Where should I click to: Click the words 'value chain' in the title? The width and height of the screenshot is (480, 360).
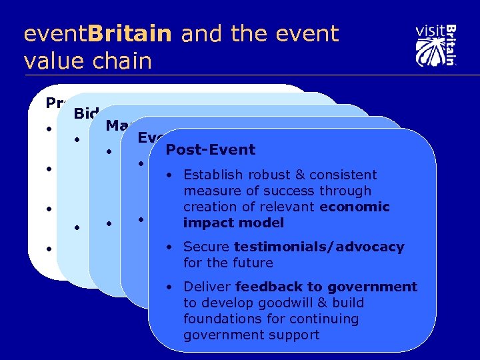click(87, 61)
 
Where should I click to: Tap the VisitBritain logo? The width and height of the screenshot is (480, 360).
click(435, 45)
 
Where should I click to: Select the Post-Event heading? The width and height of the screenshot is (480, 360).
click(210, 149)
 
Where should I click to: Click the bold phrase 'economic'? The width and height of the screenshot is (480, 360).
click(354, 207)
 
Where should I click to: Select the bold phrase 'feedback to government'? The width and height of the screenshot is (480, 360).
click(326, 287)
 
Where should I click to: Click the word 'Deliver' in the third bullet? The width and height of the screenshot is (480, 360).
click(207, 287)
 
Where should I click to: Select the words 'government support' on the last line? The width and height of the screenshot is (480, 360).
click(251, 335)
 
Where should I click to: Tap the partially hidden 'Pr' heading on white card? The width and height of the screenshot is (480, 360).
click(54, 103)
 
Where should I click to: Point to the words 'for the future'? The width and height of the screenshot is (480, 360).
click(228, 263)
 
